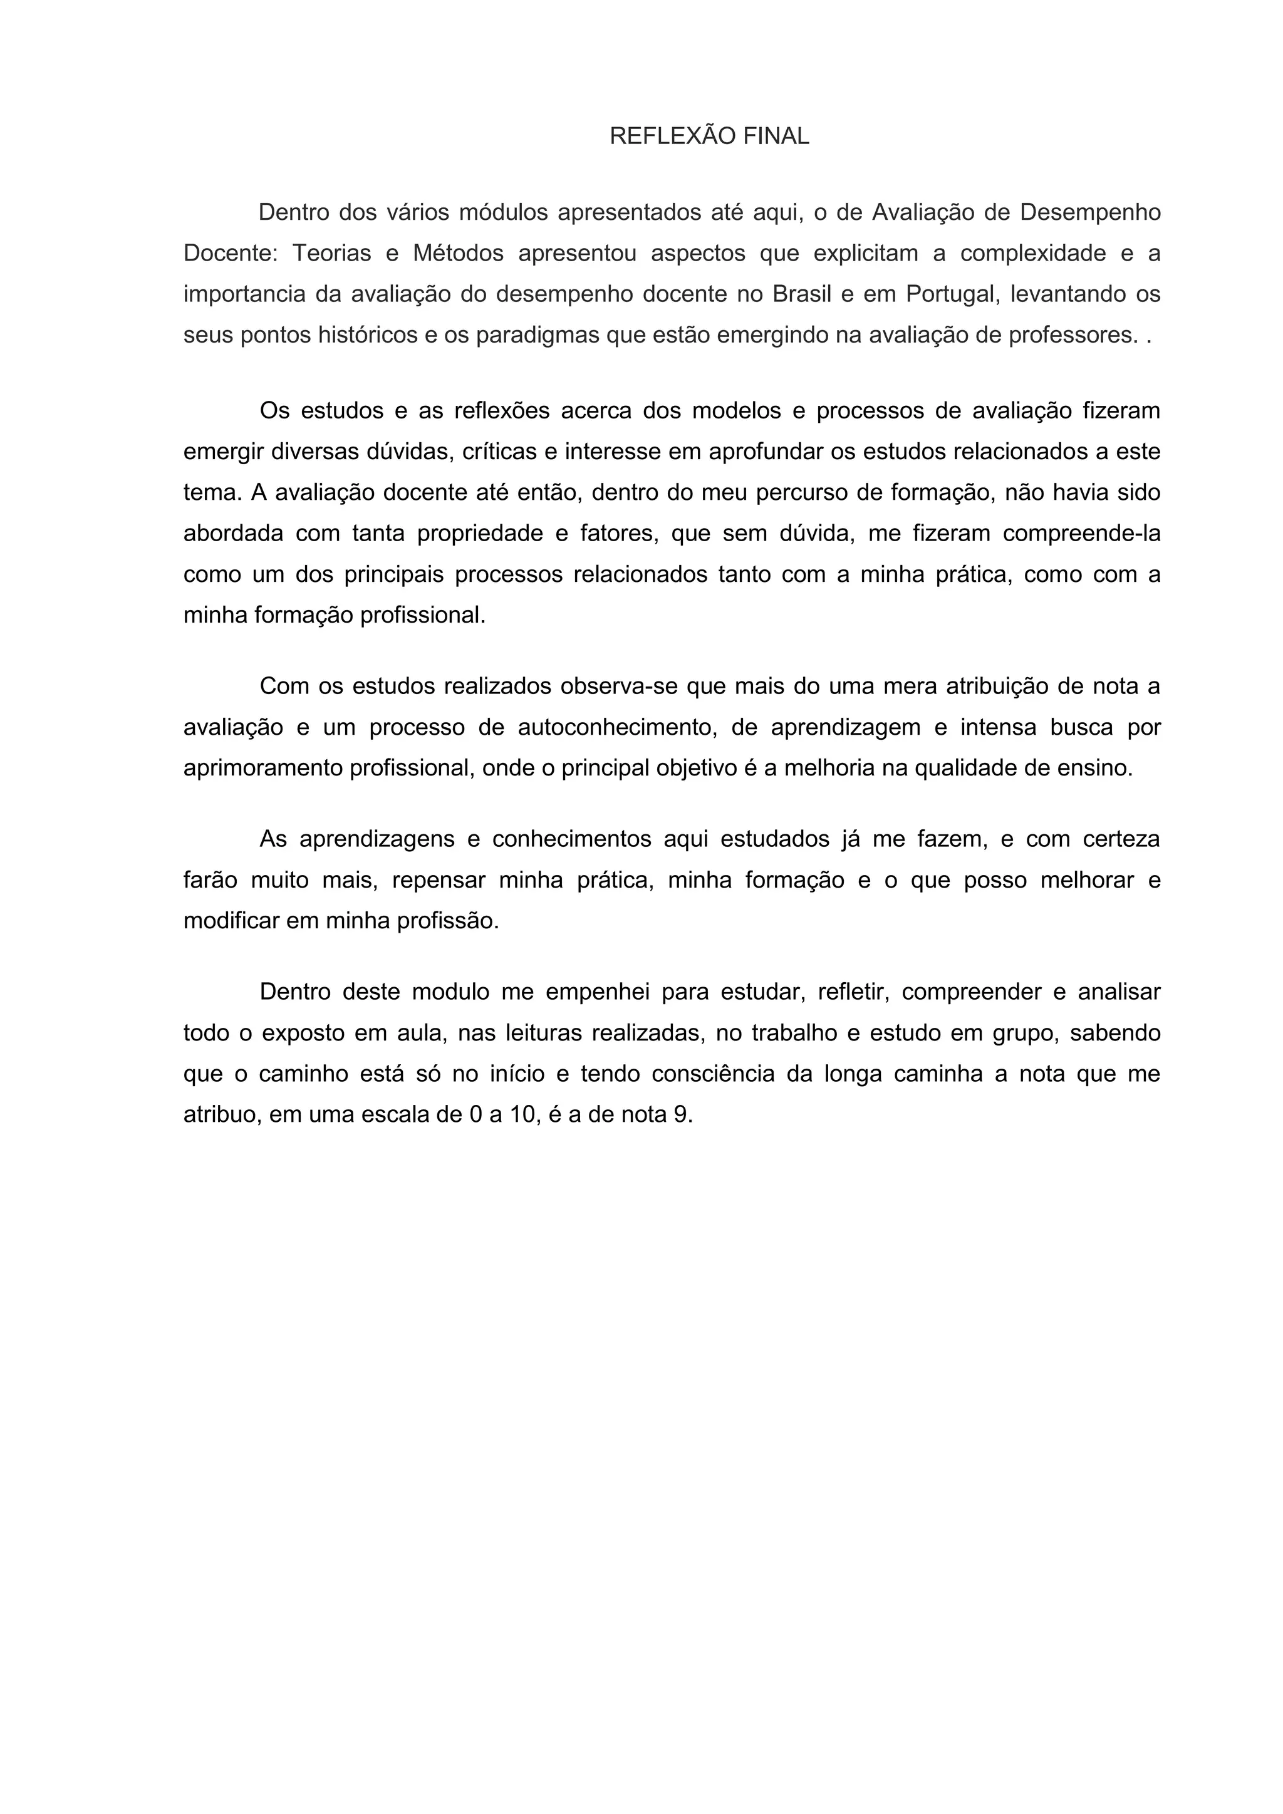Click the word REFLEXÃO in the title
click(x=662, y=137)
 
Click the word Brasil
click(x=802, y=294)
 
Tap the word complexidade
click(x=1033, y=254)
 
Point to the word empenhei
click(x=597, y=992)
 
